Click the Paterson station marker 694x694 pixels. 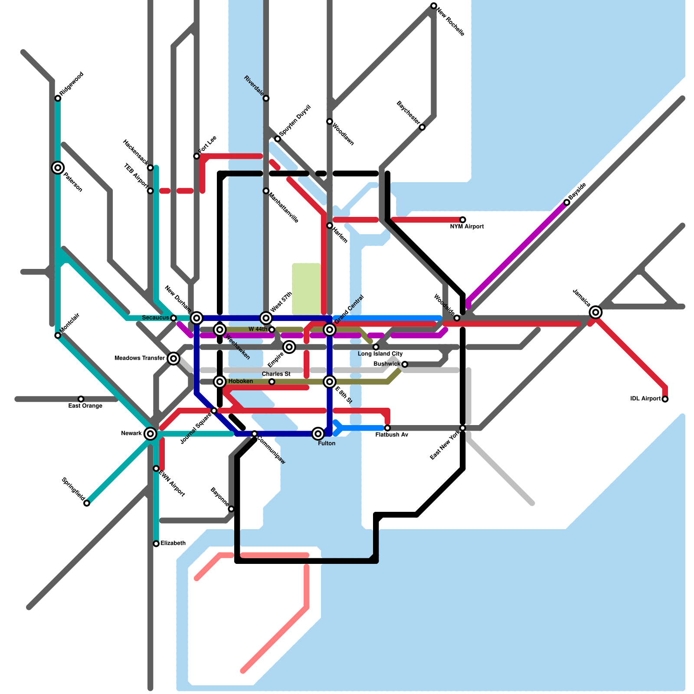click(58, 167)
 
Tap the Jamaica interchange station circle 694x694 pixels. click(596, 312)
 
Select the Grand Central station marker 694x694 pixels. click(330, 330)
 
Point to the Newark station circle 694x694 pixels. click(150, 433)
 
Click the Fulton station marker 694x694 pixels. click(318, 433)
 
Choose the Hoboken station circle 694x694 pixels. click(220, 381)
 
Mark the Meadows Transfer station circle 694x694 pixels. click(173, 358)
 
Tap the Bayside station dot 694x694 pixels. click(566, 203)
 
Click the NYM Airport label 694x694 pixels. click(467, 226)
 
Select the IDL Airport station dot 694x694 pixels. click(665, 399)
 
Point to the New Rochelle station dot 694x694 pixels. click(434, 6)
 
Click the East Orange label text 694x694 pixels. click(85, 406)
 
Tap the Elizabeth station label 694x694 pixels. click(173, 543)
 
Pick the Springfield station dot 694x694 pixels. click(87, 503)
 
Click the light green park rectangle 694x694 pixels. click(306, 288)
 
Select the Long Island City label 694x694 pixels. click(380, 354)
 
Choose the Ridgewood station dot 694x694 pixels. click(58, 98)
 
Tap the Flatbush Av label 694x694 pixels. click(392, 435)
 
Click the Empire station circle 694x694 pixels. click(289, 347)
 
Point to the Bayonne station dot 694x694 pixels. click(231, 509)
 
